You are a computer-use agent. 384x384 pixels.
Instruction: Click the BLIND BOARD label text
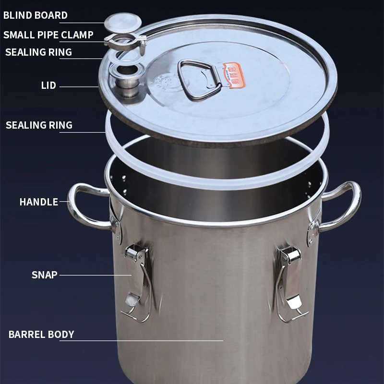pyautogui.click(x=36, y=15)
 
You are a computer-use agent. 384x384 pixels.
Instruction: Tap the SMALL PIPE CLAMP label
pyautogui.click(x=48, y=35)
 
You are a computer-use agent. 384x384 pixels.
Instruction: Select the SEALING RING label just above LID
pyautogui.click(x=38, y=52)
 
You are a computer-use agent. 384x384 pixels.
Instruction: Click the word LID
pyautogui.click(x=48, y=86)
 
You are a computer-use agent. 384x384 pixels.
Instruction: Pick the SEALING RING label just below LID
pyautogui.click(x=39, y=125)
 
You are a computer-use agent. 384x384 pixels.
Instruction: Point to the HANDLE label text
pyautogui.click(x=38, y=202)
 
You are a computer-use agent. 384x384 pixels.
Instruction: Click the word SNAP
pyautogui.click(x=44, y=275)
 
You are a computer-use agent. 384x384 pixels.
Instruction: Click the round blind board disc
pyautogui.click(x=123, y=22)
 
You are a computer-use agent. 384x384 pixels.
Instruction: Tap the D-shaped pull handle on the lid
pyautogui.click(x=199, y=79)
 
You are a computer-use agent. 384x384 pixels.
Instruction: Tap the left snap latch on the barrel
pyautogui.click(x=136, y=278)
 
